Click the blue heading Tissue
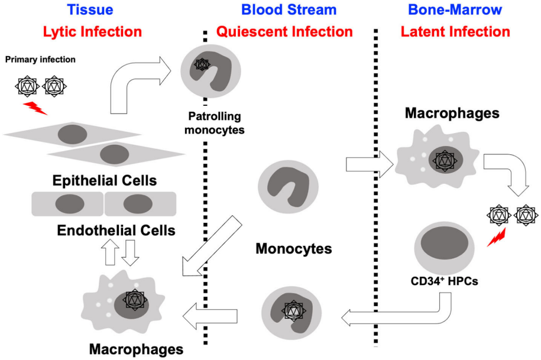pos(90,9)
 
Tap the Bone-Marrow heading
pos(455,9)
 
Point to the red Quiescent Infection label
pos(284,31)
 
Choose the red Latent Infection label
pos(455,31)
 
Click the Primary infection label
pos(40,60)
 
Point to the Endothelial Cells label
pos(116,230)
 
